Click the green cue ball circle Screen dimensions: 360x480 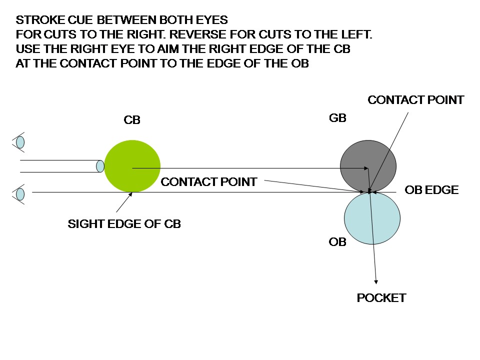pyautogui.click(x=132, y=165)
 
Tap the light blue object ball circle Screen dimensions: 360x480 pyautogui.click(x=372, y=218)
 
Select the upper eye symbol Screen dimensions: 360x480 pyautogui.click(x=20, y=142)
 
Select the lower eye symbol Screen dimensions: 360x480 pyautogui.click(x=20, y=193)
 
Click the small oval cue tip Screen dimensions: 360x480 pyautogui.click(x=100, y=165)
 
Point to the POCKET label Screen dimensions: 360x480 pyautogui.click(x=381, y=298)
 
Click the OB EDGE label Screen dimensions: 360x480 pyautogui.click(x=431, y=190)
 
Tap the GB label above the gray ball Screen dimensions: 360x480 pyautogui.click(x=338, y=118)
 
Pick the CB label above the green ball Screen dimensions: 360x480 pyautogui.click(x=132, y=120)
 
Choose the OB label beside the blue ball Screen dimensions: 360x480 pyautogui.click(x=337, y=242)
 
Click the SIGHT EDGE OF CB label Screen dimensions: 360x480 pyautogui.click(x=124, y=224)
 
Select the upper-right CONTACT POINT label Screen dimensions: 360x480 pyautogui.click(x=415, y=100)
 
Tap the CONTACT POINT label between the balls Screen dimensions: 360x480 pyautogui.click(x=208, y=182)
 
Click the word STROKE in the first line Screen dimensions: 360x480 pyautogui.click(x=36, y=20)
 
